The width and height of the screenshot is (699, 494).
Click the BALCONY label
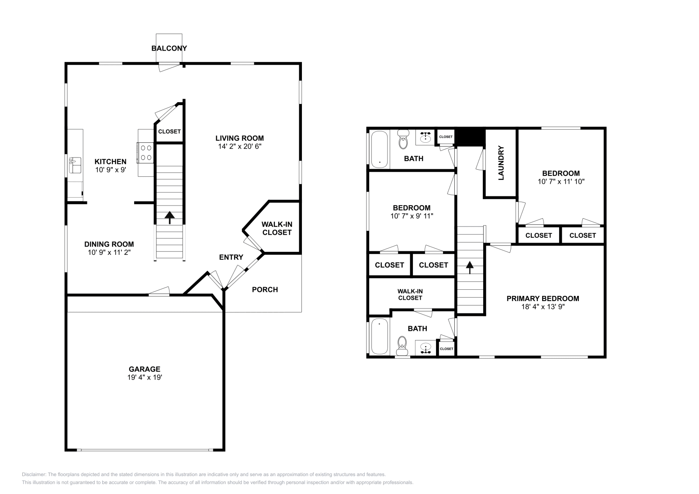pyautogui.click(x=169, y=48)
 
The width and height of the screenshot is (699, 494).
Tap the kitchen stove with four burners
pyautogui.click(x=146, y=153)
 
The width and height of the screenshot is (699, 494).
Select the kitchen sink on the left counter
pyautogui.click(x=75, y=166)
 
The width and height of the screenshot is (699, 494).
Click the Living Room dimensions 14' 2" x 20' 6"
pyautogui.click(x=240, y=147)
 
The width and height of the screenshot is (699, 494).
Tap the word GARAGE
pyautogui.click(x=144, y=369)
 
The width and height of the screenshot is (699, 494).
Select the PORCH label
pyautogui.click(x=265, y=289)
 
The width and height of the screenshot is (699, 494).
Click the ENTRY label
pyautogui.click(x=231, y=257)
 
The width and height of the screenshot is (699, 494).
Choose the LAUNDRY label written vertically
pyautogui.click(x=501, y=163)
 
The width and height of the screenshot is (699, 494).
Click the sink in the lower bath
pyautogui.click(x=425, y=348)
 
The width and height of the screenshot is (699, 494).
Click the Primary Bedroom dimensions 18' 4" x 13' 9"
pyautogui.click(x=543, y=306)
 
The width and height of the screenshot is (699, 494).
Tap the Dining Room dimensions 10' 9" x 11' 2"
pyautogui.click(x=109, y=252)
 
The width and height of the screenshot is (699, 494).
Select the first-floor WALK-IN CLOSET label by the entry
pyautogui.click(x=277, y=228)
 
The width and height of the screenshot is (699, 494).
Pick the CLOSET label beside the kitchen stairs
pyautogui.click(x=169, y=131)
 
